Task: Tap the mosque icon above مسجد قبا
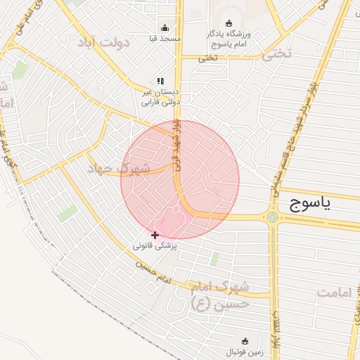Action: (165, 28)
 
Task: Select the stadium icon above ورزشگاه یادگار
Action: (228, 23)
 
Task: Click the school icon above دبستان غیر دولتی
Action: (160, 82)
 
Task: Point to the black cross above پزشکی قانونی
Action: (155, 235)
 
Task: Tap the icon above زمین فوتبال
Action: (244, 340)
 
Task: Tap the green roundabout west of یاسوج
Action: (272, 217)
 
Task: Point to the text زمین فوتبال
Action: (243, 351)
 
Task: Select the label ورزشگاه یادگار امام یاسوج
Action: (229, 39)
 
